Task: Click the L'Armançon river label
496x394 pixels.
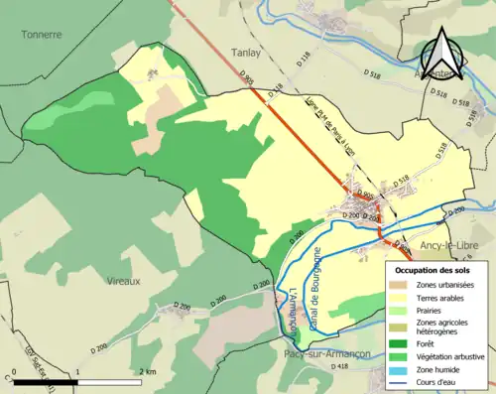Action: pyautogui.click(x=294, y=310)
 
